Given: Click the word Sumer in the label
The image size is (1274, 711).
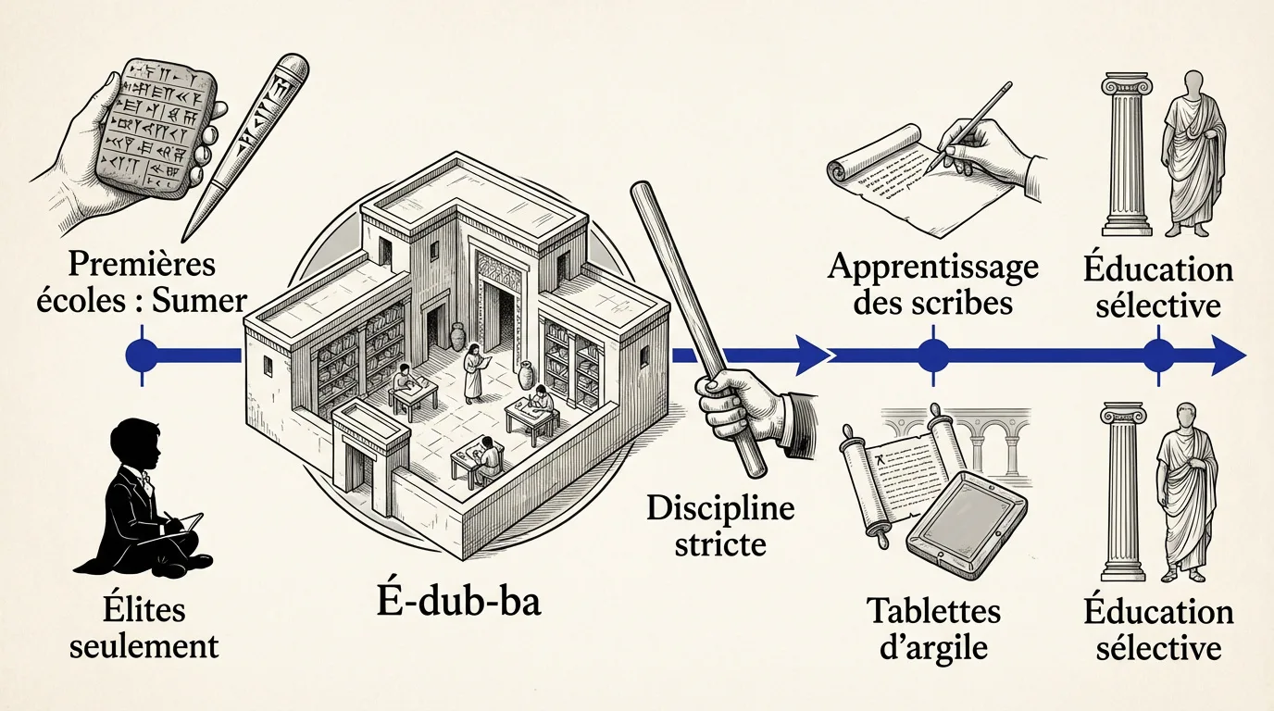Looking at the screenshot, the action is pos(200,301).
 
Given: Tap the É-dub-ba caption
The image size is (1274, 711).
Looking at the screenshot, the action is pos(459,604).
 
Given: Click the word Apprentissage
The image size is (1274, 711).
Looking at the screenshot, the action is pos(933,268).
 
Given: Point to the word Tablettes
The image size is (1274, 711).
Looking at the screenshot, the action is pos(933,612).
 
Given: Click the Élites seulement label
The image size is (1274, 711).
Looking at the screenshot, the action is pos(144,630).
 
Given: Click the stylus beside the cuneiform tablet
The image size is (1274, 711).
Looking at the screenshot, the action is pos(245,145).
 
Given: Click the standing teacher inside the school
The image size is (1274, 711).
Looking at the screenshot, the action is pos(473,372).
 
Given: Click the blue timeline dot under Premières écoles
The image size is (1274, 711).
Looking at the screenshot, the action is pos(142,355).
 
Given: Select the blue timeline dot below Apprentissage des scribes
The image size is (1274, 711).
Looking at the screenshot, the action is pos(932,355).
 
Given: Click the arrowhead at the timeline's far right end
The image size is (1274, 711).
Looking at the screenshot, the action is pos(1229,355).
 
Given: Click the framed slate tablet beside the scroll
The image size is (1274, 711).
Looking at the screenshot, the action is pos(967,521).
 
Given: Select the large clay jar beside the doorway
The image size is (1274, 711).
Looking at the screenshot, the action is pos(458,337).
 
